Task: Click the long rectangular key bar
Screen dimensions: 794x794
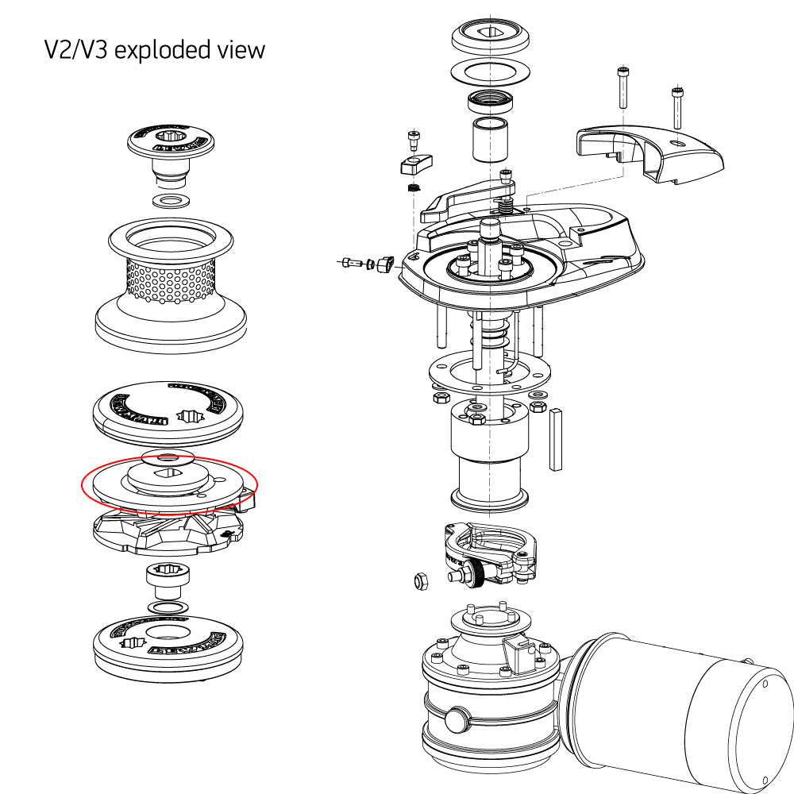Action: pyautogui.click(x=556, y=436)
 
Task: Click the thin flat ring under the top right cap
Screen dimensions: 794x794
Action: pyautogui.click(x=490, y=72)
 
